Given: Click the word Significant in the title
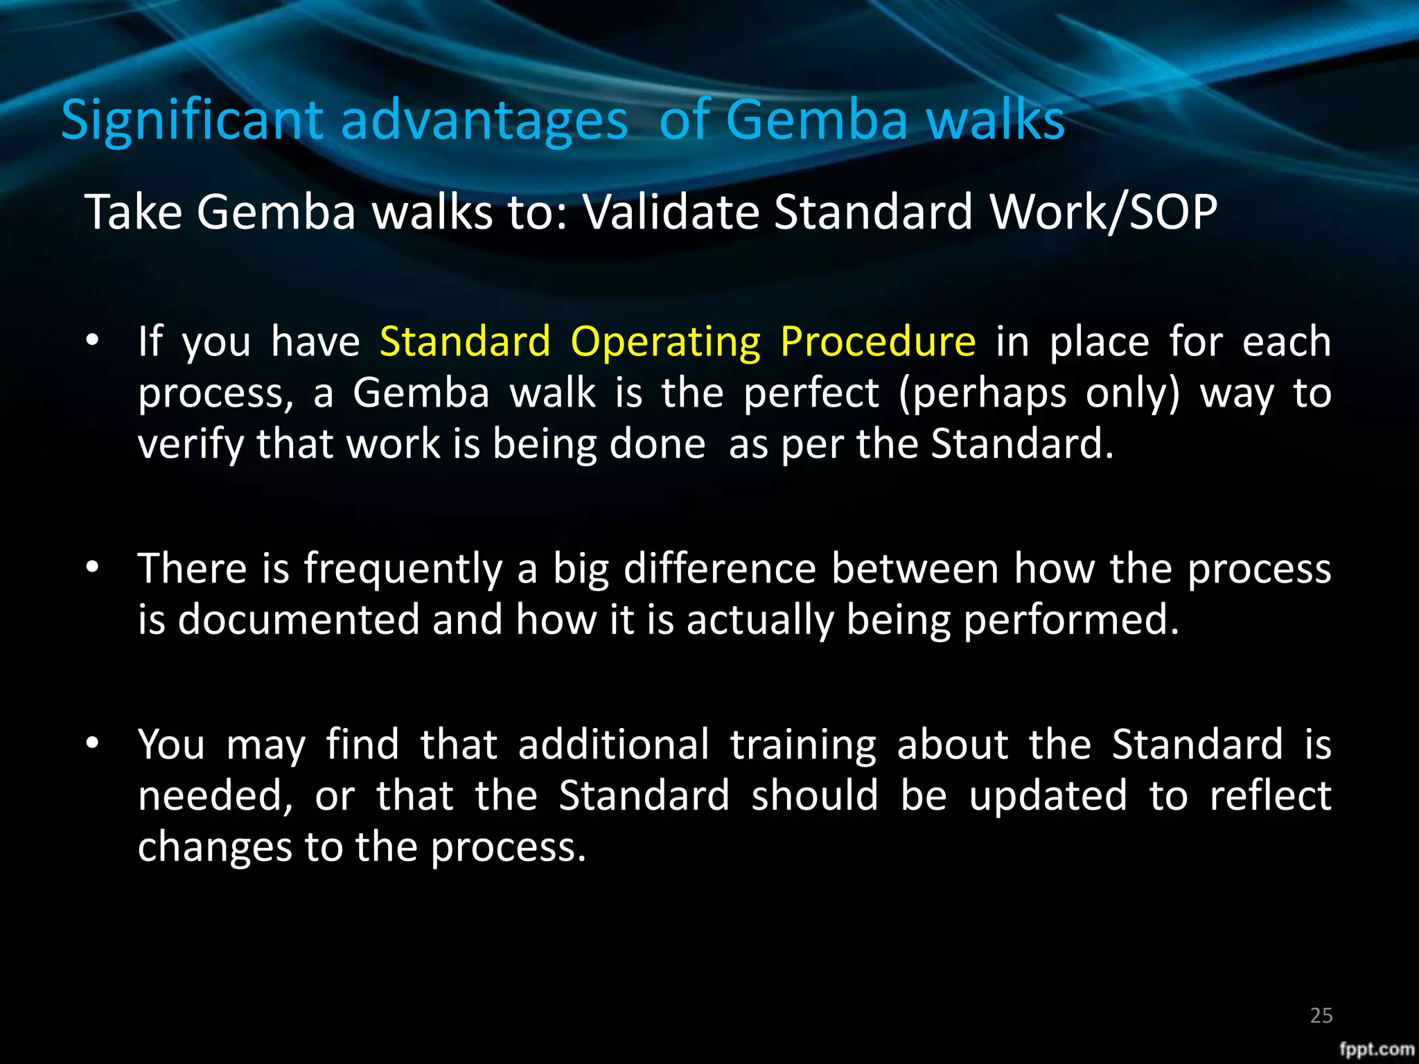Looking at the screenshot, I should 192,121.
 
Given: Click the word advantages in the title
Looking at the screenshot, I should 484,121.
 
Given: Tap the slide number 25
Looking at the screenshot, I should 1321,1016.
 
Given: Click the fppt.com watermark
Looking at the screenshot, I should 1376,1049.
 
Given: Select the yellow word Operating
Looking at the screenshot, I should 665,343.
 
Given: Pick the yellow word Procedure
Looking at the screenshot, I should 878,343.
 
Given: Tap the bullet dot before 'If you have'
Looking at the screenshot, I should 92,340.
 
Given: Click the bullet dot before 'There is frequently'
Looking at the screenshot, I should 92,567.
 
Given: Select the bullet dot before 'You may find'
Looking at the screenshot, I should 92,743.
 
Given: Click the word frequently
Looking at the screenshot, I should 403,570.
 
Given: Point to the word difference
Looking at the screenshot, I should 720,569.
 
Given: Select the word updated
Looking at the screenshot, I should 1048,797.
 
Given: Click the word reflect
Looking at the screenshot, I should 1270,795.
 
